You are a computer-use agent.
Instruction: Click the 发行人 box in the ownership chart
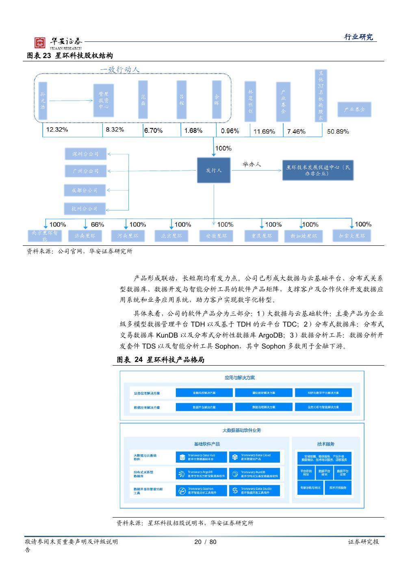click(x=214, y=170)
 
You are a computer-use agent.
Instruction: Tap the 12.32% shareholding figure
click(x=57, y=130)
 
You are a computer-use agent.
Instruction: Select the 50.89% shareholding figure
click(x=338, y=131)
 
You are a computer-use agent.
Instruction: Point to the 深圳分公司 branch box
click(x=85, y=154)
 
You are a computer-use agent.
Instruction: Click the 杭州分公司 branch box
click(x=85, y=209)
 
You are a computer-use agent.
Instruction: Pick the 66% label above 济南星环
click(x=98, y=224)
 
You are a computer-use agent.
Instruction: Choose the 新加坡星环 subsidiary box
click(x=303, y=236)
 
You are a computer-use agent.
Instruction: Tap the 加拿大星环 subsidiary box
click(x=352, y=236)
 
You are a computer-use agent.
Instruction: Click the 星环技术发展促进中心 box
click(x=318, y=170)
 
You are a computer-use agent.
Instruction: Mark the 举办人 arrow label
click(x=252, y=164)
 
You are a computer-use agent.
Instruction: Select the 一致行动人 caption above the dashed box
click(x=120, y=69)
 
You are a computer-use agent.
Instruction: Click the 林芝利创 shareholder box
click(x=251, y=101)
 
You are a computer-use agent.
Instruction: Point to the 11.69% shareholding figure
click(x=264, y=131)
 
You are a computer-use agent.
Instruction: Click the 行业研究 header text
click(x=358, y=37)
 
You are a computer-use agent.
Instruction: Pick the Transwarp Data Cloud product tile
click(x=254, y=457)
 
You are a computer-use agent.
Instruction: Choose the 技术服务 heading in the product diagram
click(x=326, y=444)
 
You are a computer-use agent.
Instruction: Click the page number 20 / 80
click(x=206, y=542)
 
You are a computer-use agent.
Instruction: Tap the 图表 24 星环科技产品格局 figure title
click(x=160, y=360)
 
